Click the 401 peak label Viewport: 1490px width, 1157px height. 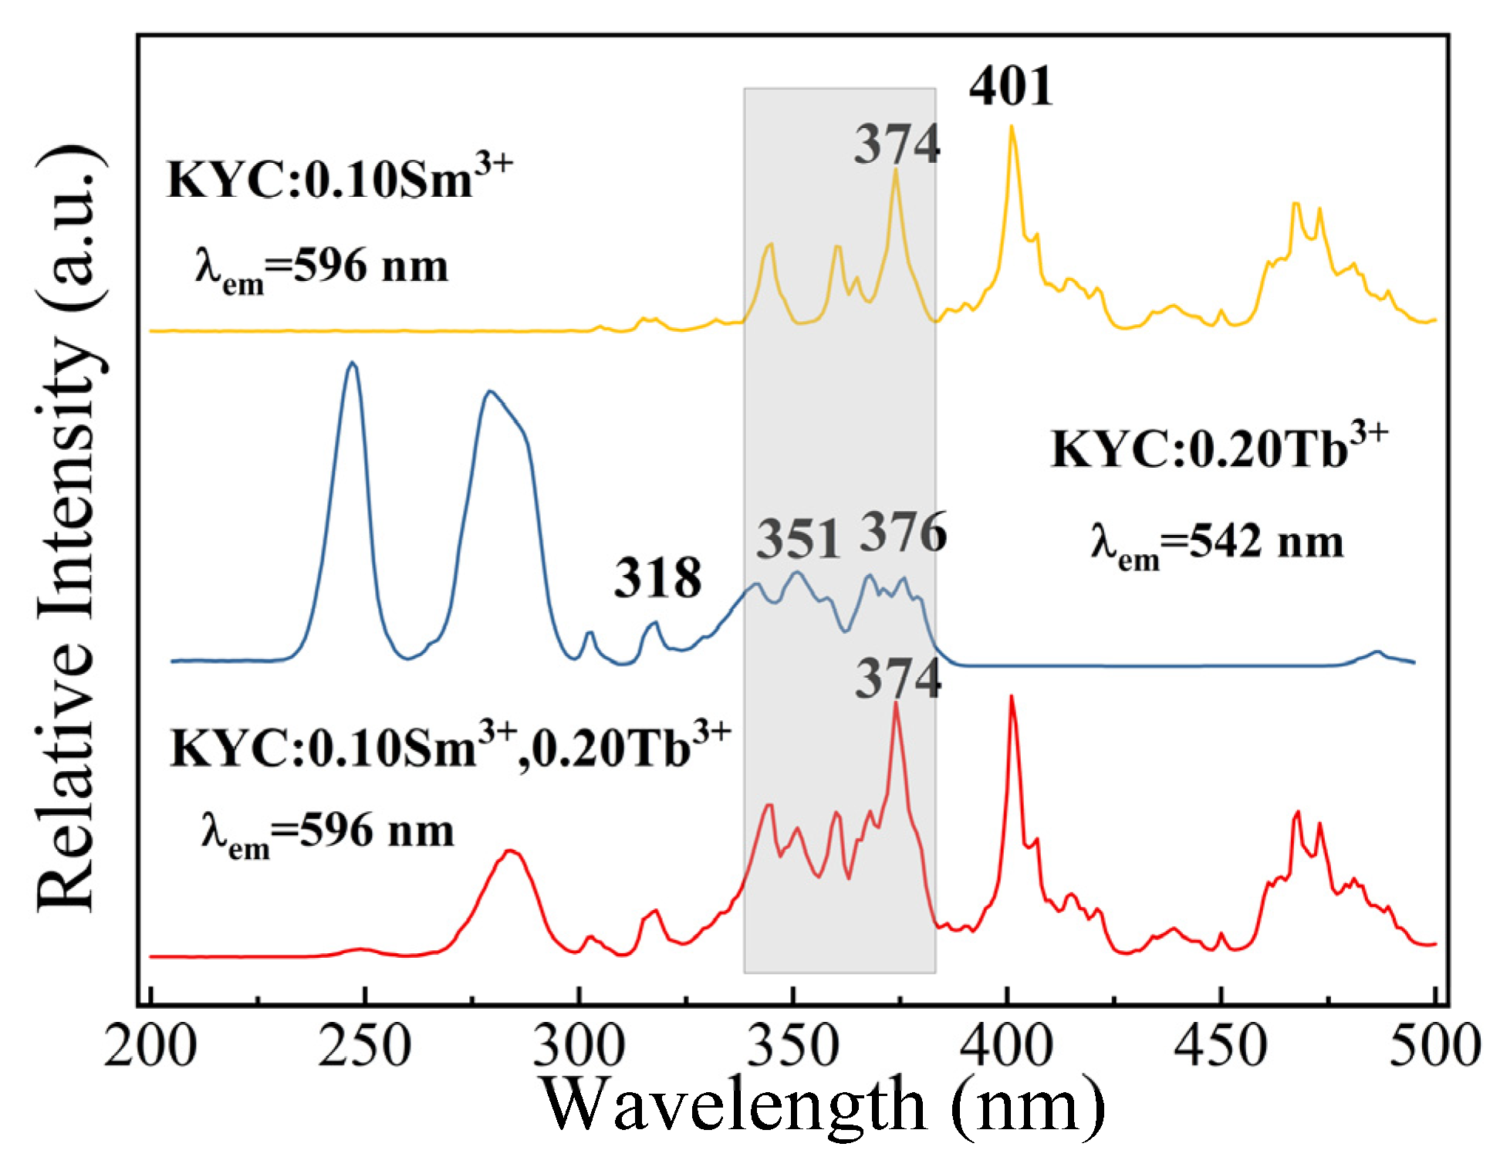[1011, 86]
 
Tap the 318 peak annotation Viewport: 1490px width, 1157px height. [657, 578]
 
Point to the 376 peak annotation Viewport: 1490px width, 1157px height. [903, 533]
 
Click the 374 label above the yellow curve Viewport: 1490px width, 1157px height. [897, 144]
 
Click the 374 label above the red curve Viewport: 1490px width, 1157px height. [897, 679]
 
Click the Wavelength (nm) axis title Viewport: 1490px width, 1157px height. [822, 1106]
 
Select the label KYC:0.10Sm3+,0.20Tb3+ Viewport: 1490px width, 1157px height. [449, 747]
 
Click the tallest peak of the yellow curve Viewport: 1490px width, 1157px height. [1012, 127]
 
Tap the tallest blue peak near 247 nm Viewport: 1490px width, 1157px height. [352, 363]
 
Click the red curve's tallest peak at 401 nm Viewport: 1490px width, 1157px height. [1012, 697]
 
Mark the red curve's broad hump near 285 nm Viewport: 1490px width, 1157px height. [509, 851]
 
